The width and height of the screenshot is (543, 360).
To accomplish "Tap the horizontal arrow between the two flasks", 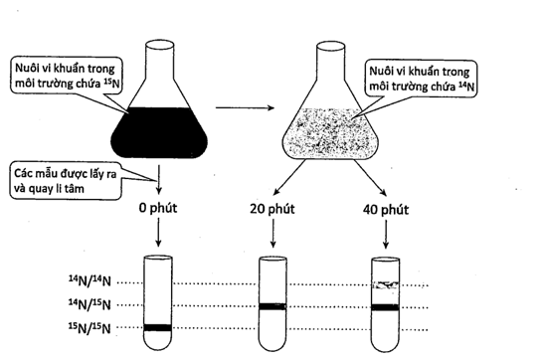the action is (x=245, y=107).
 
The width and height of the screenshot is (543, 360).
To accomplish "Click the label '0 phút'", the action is (x=158, y=208).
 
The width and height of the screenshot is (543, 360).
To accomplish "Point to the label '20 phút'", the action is (x=272, y=209).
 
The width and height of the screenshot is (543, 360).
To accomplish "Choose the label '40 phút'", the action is (x=386, y=210).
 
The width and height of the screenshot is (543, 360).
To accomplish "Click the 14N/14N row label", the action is (x=90, y=281).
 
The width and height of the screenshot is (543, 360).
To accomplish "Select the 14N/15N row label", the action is (x=90, y=304).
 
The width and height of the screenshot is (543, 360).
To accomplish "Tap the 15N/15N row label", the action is (x=90, y=328).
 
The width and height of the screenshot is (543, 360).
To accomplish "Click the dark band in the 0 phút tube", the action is (x=158, y=327).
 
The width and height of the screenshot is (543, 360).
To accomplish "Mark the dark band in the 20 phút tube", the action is (x=272, y=306).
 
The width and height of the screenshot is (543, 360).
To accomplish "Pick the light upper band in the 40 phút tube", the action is (x=386, y=285).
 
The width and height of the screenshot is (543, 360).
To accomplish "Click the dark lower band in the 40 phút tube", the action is (x=386, y=307).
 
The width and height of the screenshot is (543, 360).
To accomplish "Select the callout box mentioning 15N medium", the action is (x=67, y=76).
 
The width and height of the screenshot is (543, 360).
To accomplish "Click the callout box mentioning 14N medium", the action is (x=421, y=79).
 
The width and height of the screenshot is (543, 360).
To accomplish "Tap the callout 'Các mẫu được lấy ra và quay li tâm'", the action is (x=66, y=180).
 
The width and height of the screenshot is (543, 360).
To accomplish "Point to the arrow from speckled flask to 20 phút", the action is (x=289, y=177).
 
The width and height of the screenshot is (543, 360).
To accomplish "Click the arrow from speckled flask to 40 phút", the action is (x=370, y=178).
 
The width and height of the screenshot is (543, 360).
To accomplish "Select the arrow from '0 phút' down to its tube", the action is (x=158, y=233).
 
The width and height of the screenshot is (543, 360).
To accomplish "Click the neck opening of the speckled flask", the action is (x=330, y=46).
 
